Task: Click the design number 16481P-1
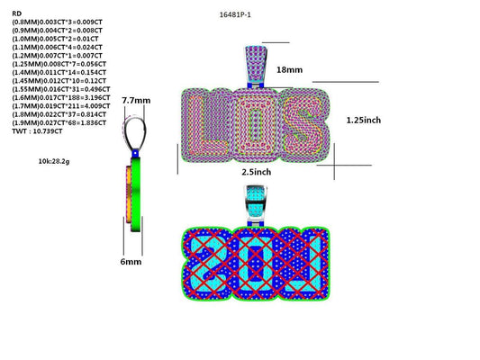point(236,15)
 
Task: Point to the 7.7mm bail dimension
point(135,101)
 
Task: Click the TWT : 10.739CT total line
point(37,131)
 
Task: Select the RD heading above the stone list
point(16,13)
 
